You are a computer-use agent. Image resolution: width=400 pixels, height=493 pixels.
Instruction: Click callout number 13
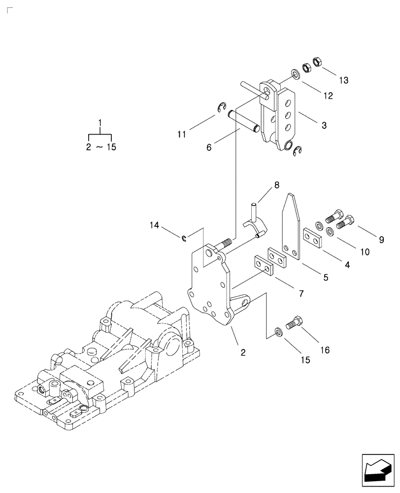pyautogui.click(x=343, y=80)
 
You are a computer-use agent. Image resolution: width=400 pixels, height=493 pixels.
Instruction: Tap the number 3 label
pyautogui.click(x=324, y=126)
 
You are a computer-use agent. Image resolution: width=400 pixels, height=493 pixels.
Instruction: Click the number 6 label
pyautogui.click(x=209, y=147)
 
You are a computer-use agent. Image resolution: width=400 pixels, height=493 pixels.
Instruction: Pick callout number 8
pyautogui.click(x=276, y=185)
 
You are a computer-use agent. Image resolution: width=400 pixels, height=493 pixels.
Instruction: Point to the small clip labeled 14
pyautogui.click(x=184, y=239)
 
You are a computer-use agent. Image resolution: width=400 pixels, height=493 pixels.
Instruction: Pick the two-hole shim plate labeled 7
pyautogui.click(x=264, y=264)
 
